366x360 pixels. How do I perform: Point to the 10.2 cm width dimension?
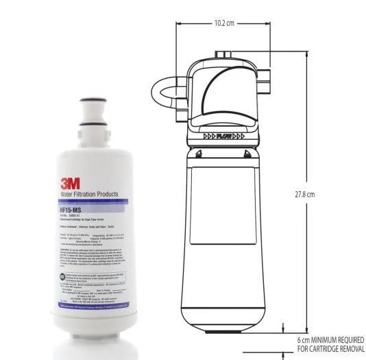tap(223, 23)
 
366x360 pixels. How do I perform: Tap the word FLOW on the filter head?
tap(223, 136)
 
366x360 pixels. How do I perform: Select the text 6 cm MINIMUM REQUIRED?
tap(330, 339)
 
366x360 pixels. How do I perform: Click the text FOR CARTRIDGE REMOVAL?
tap(330, 349)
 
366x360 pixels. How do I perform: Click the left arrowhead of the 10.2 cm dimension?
tap(180, 23)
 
